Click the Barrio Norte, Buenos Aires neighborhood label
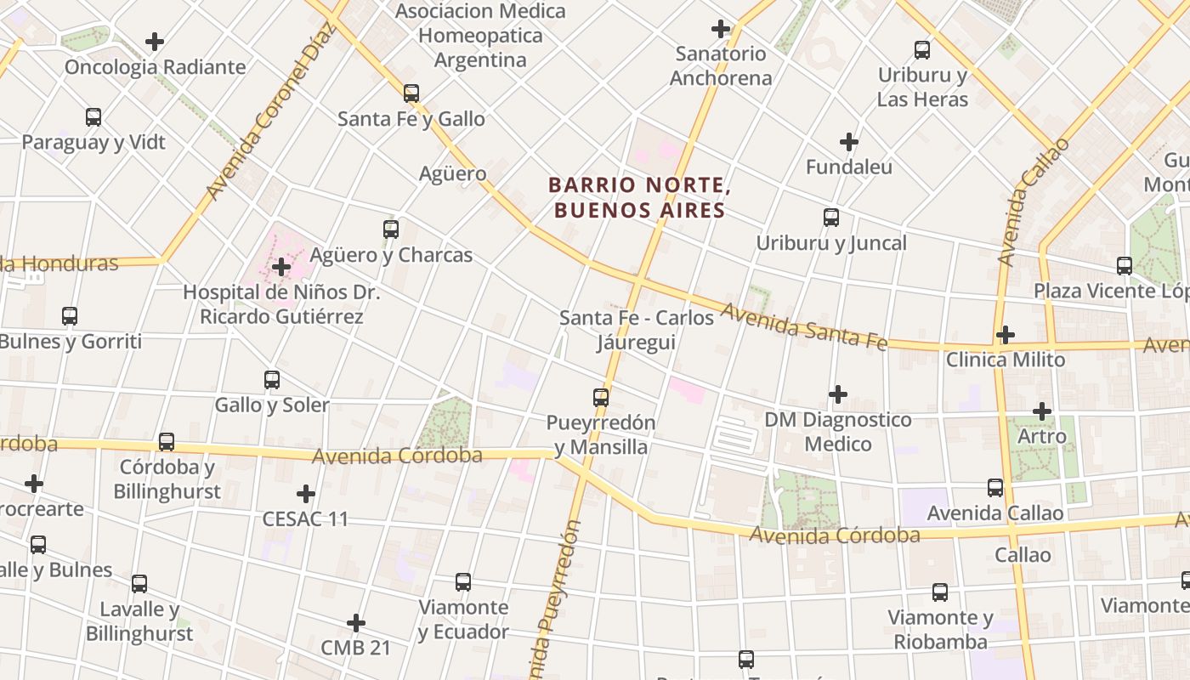click(x=637, y=197)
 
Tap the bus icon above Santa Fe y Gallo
click(x=411, y=93)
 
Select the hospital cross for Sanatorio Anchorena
click(x=721, y=29)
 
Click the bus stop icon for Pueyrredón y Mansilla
click(x=601, y=397)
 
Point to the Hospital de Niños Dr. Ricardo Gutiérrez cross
click(x=280, y=267)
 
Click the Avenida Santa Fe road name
click(x=803, y=327)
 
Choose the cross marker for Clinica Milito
click(x=1006, y=334)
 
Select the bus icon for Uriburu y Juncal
click(x=831, y=218)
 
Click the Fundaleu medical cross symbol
click(x=848, y=141)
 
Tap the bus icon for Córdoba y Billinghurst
click(x=167, y=442)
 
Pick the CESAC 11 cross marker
click(x=305, y=493)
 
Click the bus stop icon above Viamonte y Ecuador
click(x=463, y=582)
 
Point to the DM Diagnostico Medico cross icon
click(x=838, y=394)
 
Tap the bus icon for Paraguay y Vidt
click(x=93, y=117)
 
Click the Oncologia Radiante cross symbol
click(x=155, y=41)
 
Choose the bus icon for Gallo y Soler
click(x=272, y=380)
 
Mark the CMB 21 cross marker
click(x=356, y=623)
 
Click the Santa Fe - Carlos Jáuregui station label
click(x=637, y=330)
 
